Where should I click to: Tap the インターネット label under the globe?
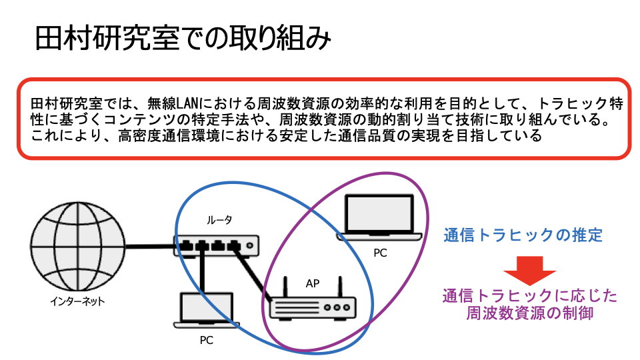(x=77, y=301)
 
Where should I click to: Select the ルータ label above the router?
(x=219, y=220)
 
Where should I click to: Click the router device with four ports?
(x=215, y=245)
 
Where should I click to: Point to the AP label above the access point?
(x=313, y=283)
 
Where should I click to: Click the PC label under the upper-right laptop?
(x=380, y=254)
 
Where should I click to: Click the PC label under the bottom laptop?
(x=207, y=340)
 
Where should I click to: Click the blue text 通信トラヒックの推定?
(x=523, y=235)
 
